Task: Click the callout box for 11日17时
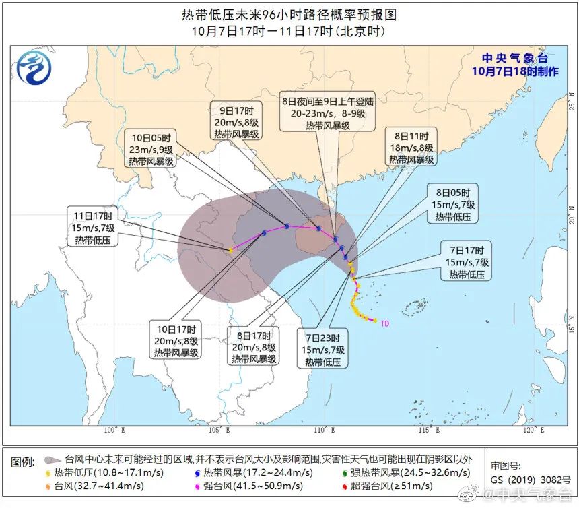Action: click(x=95, y=227)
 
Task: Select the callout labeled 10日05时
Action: click(x=151, y=148)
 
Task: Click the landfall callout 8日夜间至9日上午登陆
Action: click(x=327, y=113)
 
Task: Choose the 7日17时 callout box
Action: click(x=467, y=261)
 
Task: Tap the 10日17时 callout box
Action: click(x=176, y=340)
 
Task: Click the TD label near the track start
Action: click(x=385, y=324)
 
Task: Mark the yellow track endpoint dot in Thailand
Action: click(x=230, y=250)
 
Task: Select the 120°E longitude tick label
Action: click(x=533, y=430)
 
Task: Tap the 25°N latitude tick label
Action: click(x=571, y=106)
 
